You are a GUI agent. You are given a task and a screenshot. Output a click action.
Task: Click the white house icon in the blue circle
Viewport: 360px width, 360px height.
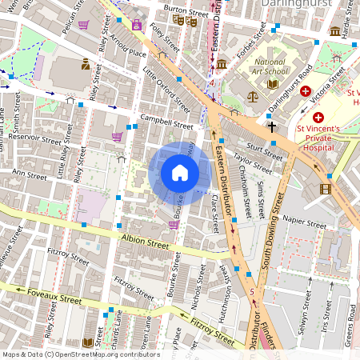tap(180, 173)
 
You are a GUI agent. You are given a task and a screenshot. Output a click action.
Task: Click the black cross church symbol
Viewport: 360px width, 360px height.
tap(271, 126)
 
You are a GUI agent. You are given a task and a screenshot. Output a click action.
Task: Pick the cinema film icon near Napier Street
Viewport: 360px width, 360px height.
tap(325, 190)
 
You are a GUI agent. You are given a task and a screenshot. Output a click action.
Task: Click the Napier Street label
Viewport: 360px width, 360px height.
tap(304, 217)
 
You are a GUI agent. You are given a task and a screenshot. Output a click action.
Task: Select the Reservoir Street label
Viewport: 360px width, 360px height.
tap(31, 139)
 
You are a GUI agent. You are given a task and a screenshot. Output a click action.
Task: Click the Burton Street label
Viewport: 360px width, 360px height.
tap(180, 8)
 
